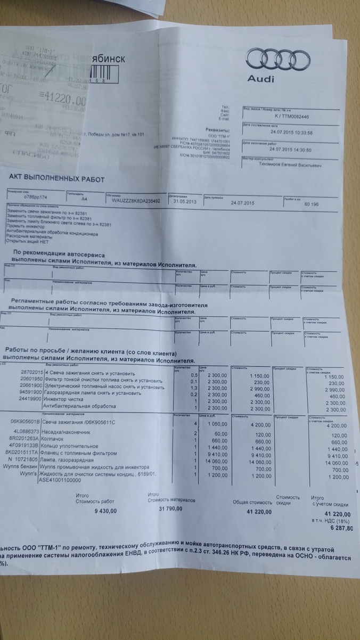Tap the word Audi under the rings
pyautogui.click(x=261, y=79)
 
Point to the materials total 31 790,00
pyautogui.click(x=170, y=510)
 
